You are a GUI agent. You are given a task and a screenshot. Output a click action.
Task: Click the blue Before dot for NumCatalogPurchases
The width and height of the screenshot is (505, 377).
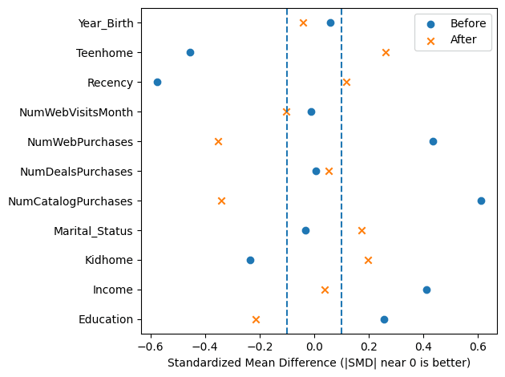click(x=481, y=201)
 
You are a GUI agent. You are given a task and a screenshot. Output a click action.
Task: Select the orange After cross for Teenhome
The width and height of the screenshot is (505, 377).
click(x=386, y=52)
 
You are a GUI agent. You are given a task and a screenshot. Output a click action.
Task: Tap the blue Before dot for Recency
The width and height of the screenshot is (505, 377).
click(x=157, y=82)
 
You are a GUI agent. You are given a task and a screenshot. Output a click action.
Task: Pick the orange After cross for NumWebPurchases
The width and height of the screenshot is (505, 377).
click(x=218, y=141)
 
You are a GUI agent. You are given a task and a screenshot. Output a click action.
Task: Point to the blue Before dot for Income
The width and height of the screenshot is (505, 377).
click(x=426, y=290)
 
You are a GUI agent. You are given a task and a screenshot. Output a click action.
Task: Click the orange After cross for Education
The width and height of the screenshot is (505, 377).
click(x=256, y=319)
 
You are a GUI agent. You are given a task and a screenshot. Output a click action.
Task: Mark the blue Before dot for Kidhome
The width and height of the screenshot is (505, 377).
click(x=250, y=260)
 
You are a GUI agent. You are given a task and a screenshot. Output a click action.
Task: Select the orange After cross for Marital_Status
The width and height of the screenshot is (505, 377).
click(x=362, y=230)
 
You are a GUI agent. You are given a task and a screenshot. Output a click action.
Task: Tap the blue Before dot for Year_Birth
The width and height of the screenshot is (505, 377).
click(x=330, y=22)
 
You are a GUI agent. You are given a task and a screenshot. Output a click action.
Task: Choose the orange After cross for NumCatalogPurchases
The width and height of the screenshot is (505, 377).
click(x=221, y=201)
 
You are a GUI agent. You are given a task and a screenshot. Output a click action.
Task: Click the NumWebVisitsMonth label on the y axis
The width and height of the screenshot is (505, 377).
click(x=76, y=112)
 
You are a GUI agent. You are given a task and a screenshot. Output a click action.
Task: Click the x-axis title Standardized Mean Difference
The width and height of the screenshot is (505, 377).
click(x=318, y=364)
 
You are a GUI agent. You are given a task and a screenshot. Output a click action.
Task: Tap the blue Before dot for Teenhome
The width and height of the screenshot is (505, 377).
click(x=190, y=52)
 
